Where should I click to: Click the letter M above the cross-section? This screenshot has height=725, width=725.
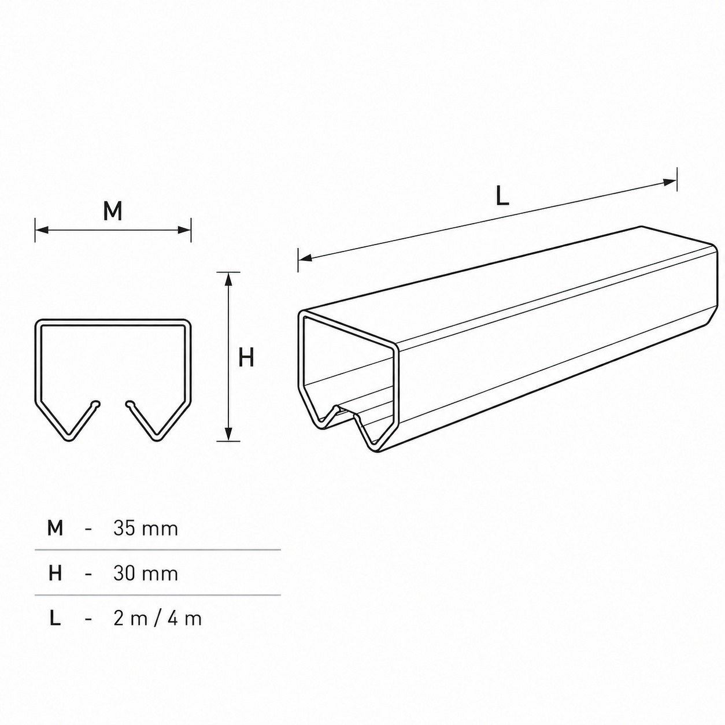tap(113, 211)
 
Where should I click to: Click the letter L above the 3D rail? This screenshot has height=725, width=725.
tap(502, 196)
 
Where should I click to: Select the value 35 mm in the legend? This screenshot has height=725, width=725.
tap(146, 528)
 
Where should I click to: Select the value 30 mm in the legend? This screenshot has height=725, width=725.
tap(146, 574)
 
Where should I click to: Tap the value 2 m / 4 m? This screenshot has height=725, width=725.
tap(158, 619)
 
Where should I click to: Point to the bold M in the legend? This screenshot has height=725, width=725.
tap(55, 528)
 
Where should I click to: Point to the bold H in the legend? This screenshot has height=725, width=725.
tap(55, 574)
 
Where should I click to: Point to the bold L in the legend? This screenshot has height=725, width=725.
tap(55, 619)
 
